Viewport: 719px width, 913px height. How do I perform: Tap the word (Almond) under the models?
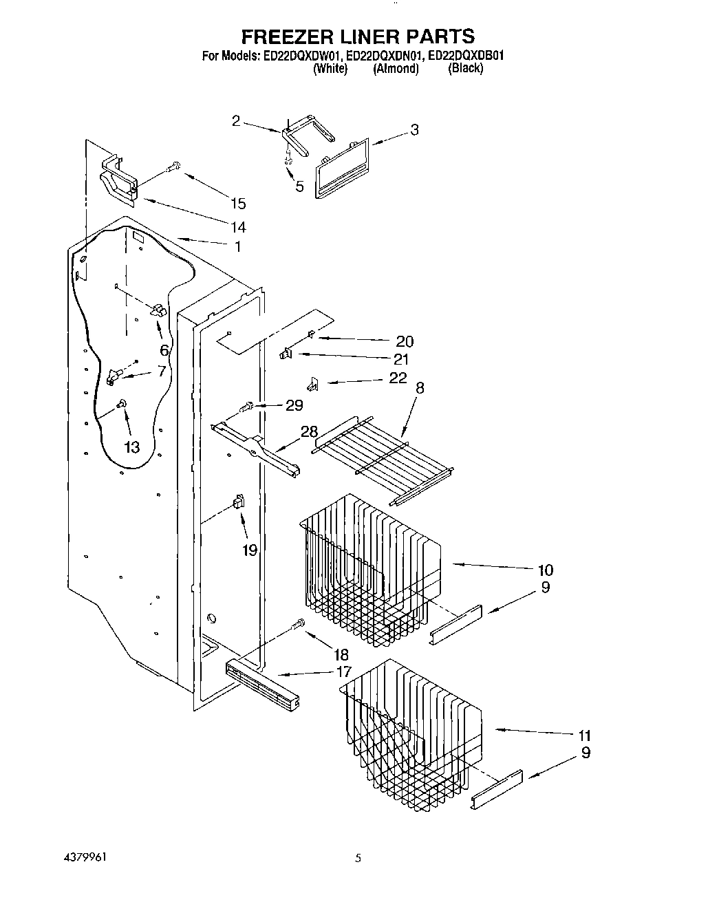click(396, 69)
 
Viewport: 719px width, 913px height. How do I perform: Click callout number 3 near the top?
click(414, 129)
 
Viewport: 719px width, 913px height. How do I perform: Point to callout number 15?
click(238, 204)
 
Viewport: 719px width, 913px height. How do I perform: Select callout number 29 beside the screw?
click(294, 405)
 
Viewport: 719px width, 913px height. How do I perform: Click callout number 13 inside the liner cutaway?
click(131, 447)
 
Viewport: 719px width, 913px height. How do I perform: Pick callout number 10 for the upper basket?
click(545, 570)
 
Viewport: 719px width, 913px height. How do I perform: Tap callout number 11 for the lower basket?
click(584, 735)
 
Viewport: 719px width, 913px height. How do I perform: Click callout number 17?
click(343, 672)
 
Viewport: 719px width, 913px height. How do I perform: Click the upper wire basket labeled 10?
click(368, 564)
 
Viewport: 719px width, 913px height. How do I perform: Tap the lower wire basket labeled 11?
click(409, 729)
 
